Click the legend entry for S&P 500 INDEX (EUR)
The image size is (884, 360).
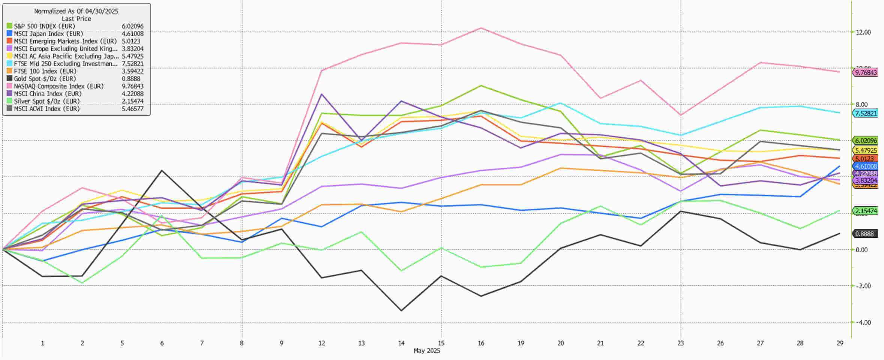click(44, 26)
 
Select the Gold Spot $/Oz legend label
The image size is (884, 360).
click(45, 79)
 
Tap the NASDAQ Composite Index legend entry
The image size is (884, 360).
click(58, 86)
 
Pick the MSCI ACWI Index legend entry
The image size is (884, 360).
click(46, 109)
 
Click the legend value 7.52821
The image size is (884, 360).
click(132, 64)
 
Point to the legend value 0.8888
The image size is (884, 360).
click(131, 79)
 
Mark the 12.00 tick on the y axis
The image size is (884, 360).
click(863, 32)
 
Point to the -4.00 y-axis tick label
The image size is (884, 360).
click(863, 322)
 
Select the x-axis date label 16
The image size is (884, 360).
click(481, 343)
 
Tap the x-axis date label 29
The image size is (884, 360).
click(840, 343)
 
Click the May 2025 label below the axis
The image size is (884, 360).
click(427, 351)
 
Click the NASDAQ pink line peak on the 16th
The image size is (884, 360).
click(481, 28)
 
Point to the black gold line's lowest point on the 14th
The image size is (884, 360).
click(401, 310)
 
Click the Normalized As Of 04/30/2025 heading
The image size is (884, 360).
click(76, 11)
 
